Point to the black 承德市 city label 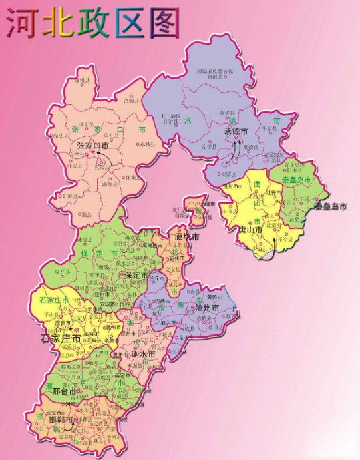click(236, 132)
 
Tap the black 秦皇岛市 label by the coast click(331, 207)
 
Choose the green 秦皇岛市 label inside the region click(297, 180)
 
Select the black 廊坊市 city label click(187, 238)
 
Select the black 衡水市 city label click(142, 355)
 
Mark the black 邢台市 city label click(66, 392)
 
